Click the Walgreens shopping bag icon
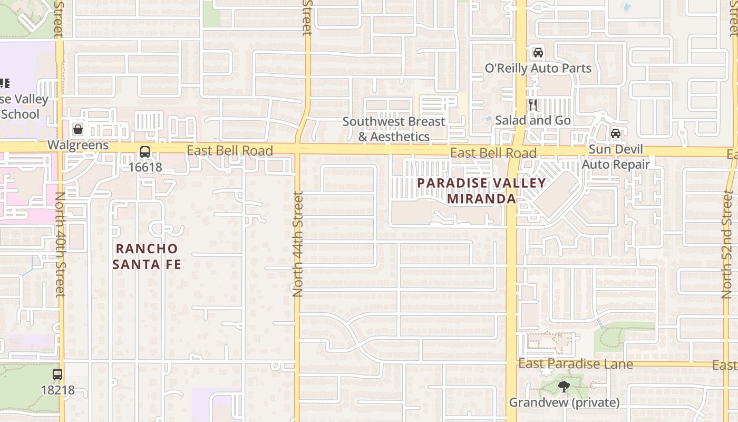click(x=78, y=129)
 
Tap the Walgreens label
click(x=78, y=145)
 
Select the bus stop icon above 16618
click(x=145, y=152)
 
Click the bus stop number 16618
click(x=145, y=168)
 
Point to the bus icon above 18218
click(x=57, y=375)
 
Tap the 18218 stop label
click(x=57, y=391)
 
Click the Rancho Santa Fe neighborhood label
click(x=147, y=256)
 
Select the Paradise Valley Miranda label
click(x=481, y=191)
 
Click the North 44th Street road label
click(x=298, y=244)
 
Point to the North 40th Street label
click(x=60, y=244)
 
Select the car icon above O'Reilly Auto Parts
click(x=538, y=53)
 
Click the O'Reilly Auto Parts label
click(x=538, y=69)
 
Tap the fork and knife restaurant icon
click(x=533, y=105)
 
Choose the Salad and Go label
click(x=533, y=120)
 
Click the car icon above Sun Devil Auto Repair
click(x=615, y=133)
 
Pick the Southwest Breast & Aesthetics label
click(x=394, y=129)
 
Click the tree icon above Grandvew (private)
click(x=564, y=387)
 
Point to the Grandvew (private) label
click(x=564, y=402)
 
